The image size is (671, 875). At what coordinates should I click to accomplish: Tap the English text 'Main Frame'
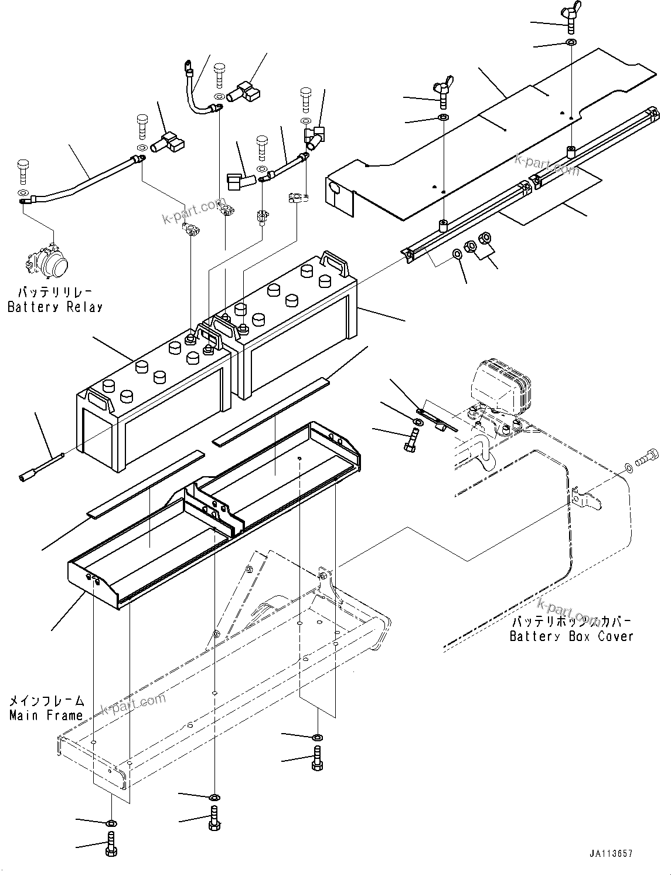46,715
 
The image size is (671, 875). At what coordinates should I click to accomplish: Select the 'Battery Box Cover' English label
571,636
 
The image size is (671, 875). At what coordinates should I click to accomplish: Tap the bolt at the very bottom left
111,845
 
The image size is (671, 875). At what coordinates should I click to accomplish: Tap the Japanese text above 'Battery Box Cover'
571,621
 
